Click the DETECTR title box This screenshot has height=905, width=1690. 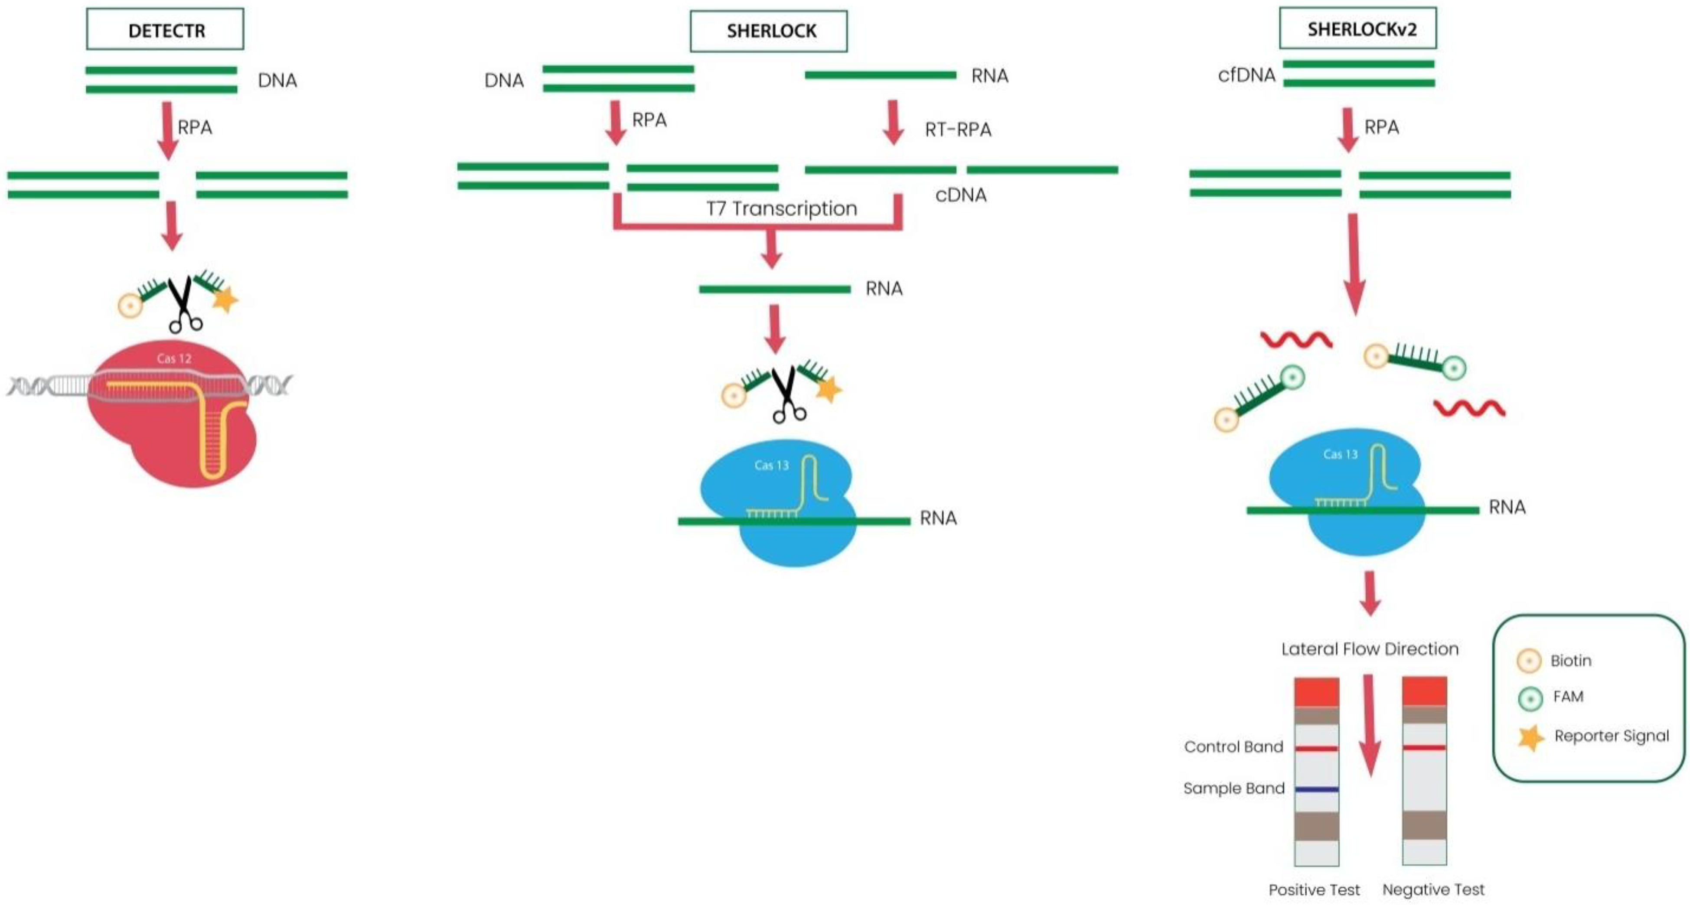[165, 29]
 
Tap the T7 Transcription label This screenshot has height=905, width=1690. [781, 208]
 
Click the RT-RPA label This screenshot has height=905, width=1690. [957, 130]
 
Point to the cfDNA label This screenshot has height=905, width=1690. [1246, 75]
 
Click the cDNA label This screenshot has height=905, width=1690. [960, 195]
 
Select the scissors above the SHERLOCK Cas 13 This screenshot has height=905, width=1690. [787, 394]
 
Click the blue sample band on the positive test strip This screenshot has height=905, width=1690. [1316, 789]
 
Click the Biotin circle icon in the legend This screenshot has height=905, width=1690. [1529, 661]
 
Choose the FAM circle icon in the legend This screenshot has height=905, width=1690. [1530, 698]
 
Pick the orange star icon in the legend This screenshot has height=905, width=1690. [1530, 738]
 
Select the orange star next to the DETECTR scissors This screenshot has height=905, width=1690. [225, 300]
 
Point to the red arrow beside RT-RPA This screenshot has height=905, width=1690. [893, 122]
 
